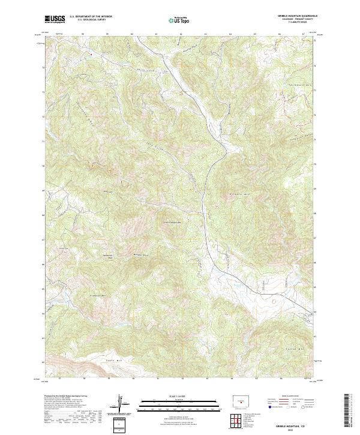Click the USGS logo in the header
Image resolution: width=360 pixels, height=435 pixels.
[x=55, y=19]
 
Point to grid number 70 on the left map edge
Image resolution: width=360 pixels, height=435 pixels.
[x=42, y=166]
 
